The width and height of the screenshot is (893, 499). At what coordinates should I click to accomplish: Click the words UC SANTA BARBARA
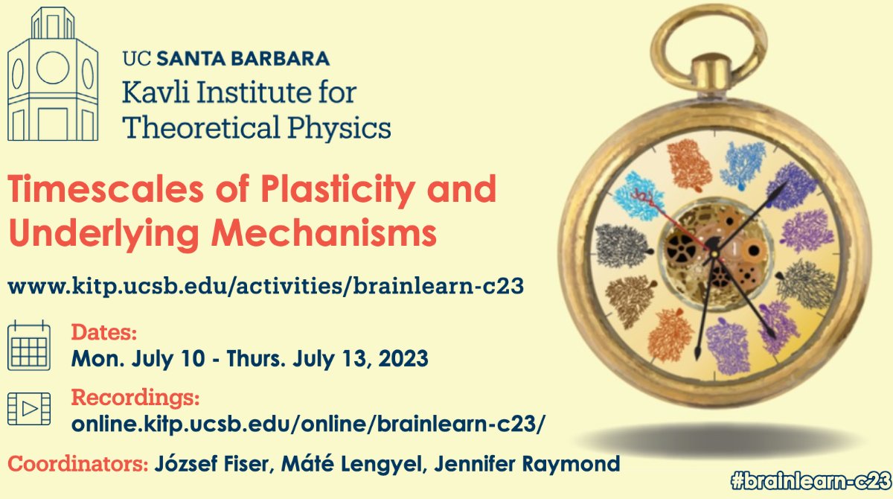point(225,58)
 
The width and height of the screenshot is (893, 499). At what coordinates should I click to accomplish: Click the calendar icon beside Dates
point(29,345)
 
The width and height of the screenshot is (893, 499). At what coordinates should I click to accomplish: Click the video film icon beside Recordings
point(29,409)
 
